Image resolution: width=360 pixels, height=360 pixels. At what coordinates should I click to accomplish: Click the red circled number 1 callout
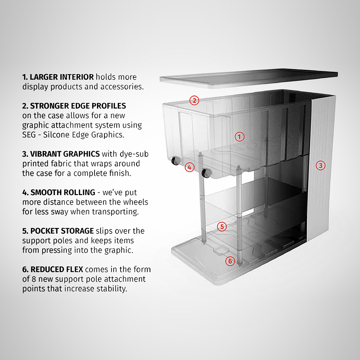point(239,137)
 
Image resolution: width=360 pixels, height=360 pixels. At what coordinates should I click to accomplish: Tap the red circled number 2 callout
point(194,101)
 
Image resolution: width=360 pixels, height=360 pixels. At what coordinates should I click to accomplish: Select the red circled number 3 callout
point(320,165)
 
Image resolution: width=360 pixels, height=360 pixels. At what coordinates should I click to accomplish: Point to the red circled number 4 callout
point(189,167)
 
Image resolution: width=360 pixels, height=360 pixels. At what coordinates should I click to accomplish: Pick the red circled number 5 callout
point(221,226)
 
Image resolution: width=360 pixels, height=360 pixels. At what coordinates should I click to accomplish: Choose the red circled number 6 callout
point(230,261)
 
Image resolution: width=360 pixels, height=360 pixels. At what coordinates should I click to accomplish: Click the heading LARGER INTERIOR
point(62,77)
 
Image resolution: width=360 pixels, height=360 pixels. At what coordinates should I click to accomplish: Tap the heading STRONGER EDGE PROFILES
point(78,106)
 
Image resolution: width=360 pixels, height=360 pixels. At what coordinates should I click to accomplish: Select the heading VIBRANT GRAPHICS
point(65,154)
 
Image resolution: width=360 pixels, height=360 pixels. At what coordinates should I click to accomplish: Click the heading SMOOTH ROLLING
point(63,192)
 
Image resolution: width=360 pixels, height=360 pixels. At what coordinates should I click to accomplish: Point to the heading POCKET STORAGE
point(62,231)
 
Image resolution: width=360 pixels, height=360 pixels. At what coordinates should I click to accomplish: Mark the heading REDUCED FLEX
point(57,270)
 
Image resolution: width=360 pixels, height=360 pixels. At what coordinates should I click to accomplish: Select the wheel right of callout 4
point(205,173)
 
